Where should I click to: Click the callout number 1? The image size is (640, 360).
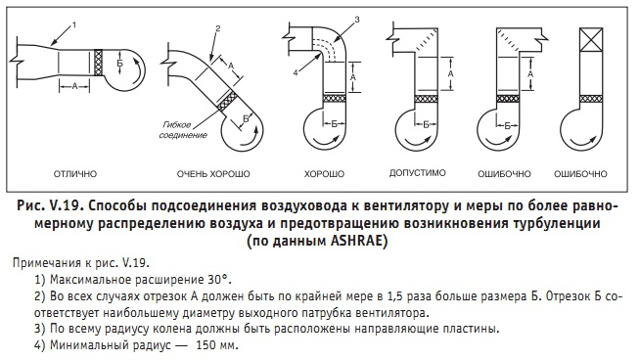click(73, 24)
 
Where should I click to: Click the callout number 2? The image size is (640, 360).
click(218, 28)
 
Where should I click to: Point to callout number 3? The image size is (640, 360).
click(357, 20)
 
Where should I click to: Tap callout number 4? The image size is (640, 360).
click(296, 72)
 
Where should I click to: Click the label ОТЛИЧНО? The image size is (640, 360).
click(75, 174)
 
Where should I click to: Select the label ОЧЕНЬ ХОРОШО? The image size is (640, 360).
click(213, 174)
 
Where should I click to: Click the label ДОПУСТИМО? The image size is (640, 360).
click(417, 173)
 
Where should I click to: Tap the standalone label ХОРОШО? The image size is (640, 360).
click(324, 174)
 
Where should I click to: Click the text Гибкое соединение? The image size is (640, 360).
click(183, 130)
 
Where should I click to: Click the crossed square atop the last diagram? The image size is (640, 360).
click(591, 39)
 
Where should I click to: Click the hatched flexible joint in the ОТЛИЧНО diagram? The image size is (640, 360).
click(98, 62)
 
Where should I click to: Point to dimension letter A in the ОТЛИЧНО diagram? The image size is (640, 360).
click(74, 86)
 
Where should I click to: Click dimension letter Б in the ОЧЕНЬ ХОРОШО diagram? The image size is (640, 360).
click(246, 118)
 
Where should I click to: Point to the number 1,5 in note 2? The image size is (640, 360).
click(394, 296)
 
